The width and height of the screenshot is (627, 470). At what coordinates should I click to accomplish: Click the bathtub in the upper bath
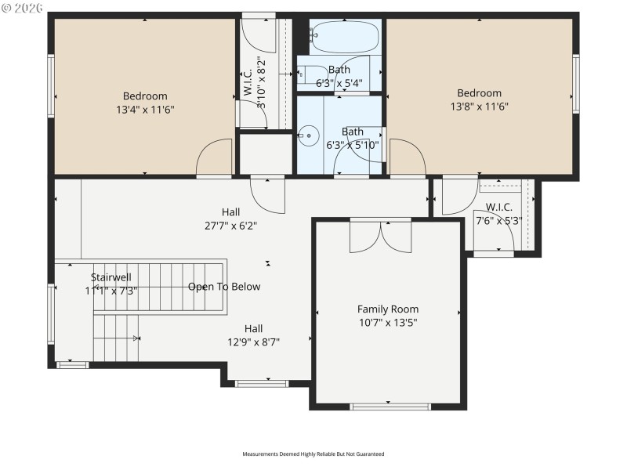(346, 36)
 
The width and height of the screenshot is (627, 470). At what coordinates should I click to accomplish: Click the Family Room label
(388, 309)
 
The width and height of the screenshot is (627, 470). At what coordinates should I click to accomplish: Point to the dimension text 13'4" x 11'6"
(145, 110)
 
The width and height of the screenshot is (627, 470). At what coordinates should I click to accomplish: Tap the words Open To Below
(224, 287)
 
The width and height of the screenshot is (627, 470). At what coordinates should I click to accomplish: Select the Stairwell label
(111, 277)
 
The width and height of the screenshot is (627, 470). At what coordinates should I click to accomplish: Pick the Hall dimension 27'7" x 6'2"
(230, 226)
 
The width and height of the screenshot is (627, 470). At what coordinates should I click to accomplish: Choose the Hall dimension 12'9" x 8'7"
(253, 342)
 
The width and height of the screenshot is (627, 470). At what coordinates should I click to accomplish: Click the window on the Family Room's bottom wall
(390, 407)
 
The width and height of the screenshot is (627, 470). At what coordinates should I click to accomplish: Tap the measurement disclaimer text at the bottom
(313, 454)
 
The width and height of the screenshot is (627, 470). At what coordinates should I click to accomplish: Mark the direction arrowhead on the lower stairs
(136, 338)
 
